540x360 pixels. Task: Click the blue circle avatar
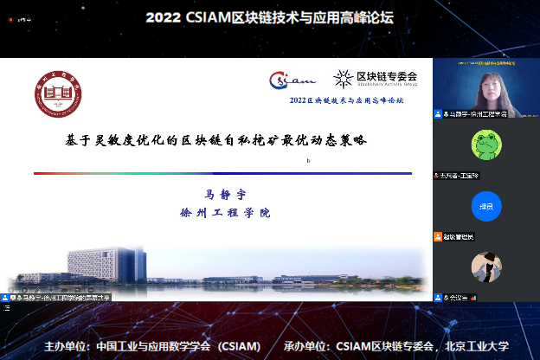485,205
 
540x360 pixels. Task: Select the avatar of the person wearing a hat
485,267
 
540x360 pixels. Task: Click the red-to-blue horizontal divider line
222,173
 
